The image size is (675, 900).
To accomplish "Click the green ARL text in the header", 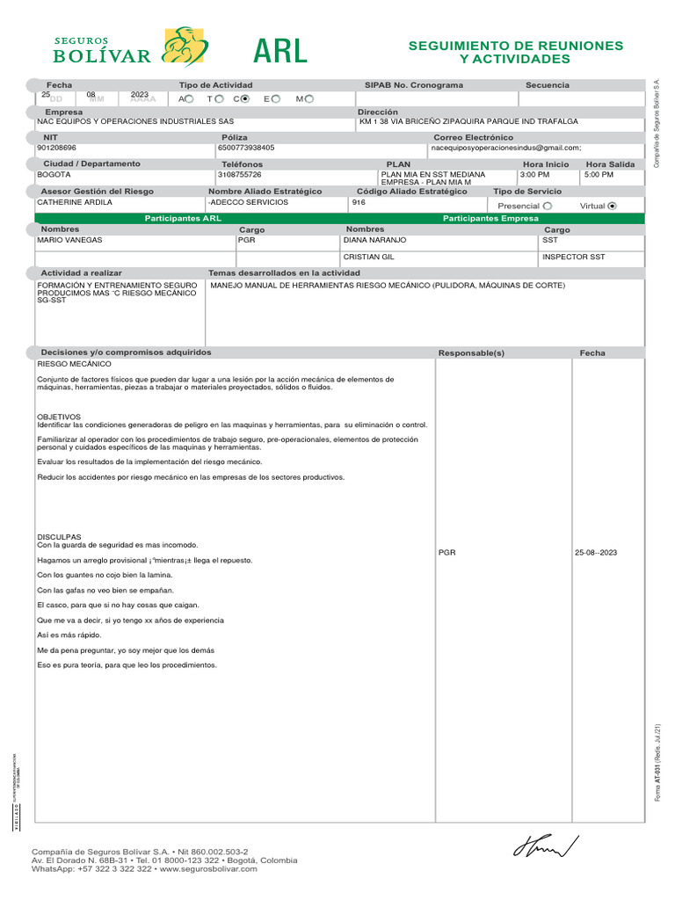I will click(280, 52).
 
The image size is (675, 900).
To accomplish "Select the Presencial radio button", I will click(548, 206).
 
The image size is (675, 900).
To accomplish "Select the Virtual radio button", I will click(613, 206).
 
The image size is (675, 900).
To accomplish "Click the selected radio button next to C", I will click(245, 98).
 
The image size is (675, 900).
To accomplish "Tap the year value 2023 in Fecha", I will click(140, 95).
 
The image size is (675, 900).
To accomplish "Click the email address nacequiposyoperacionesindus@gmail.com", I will click(505, 149).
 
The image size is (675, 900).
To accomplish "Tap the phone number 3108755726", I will click(240, 175).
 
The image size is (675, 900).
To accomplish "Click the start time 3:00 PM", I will click(534, 175).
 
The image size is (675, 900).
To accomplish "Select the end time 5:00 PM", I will click(599, 175).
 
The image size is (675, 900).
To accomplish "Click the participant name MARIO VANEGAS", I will click(69, 240).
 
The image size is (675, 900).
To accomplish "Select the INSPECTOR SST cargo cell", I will click(573, 258).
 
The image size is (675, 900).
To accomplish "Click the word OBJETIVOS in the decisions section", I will click(59, 417).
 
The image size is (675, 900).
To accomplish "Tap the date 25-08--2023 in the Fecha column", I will click(596, 553).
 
